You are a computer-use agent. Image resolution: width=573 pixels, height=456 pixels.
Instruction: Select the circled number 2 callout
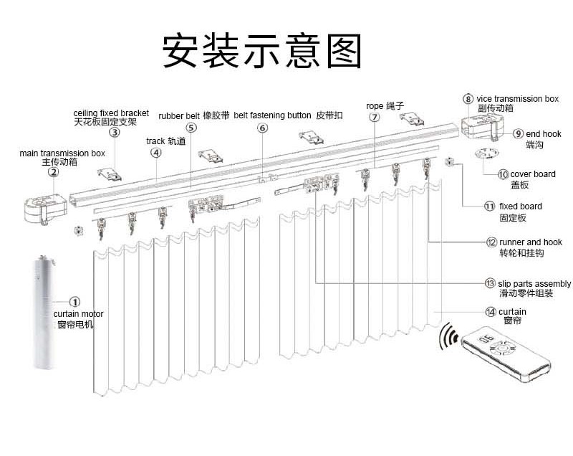point(53,172)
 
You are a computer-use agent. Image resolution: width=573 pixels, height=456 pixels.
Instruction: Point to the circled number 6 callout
point(262,128)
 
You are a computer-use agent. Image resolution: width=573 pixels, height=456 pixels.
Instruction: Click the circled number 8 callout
point(468,99)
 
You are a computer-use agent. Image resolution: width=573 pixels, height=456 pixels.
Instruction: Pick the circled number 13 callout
point(490,283)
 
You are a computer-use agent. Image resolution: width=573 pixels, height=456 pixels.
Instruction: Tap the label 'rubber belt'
point(179,115)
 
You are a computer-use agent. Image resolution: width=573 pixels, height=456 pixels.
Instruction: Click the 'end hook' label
point(544,134)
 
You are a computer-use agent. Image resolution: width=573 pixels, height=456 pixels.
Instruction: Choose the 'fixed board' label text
point(521,206)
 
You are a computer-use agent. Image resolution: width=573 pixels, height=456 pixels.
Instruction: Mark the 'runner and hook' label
point(530,242)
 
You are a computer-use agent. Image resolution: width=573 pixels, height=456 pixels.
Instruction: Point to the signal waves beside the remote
point(451,336)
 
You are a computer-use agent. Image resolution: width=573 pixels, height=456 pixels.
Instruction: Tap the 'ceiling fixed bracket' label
point(111,113)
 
